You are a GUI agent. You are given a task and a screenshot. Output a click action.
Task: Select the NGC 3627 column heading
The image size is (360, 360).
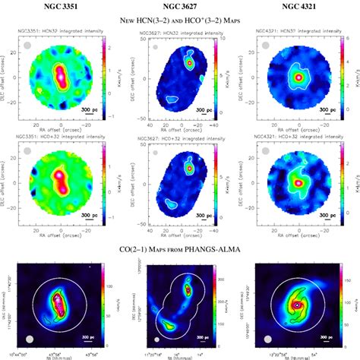(180, 8)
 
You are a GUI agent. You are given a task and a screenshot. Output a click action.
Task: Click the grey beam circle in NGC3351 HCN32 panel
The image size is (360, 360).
(28, 46)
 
